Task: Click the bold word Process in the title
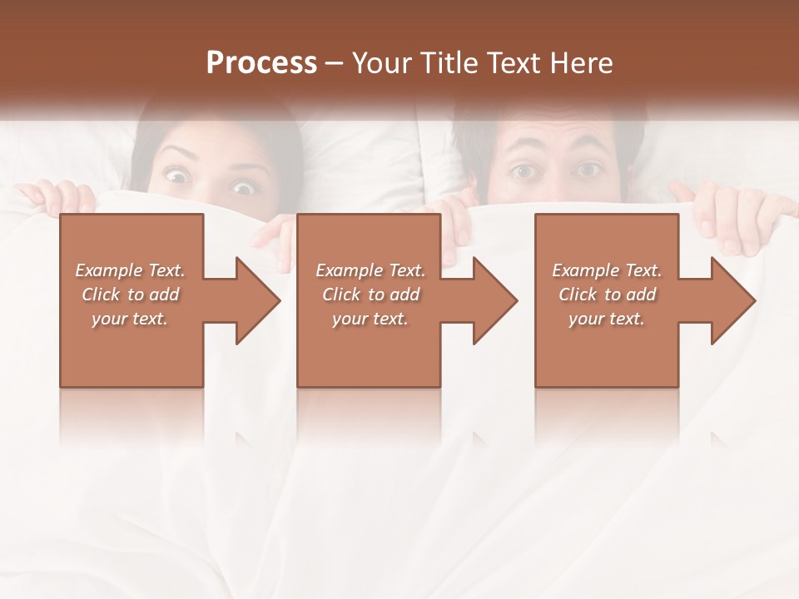pos(261,62)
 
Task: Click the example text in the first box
pos(130,295)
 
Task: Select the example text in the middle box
pos(370,295)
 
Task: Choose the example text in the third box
pos(607,295)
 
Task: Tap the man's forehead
pos(553,133)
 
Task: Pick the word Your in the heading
pos(382,62)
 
